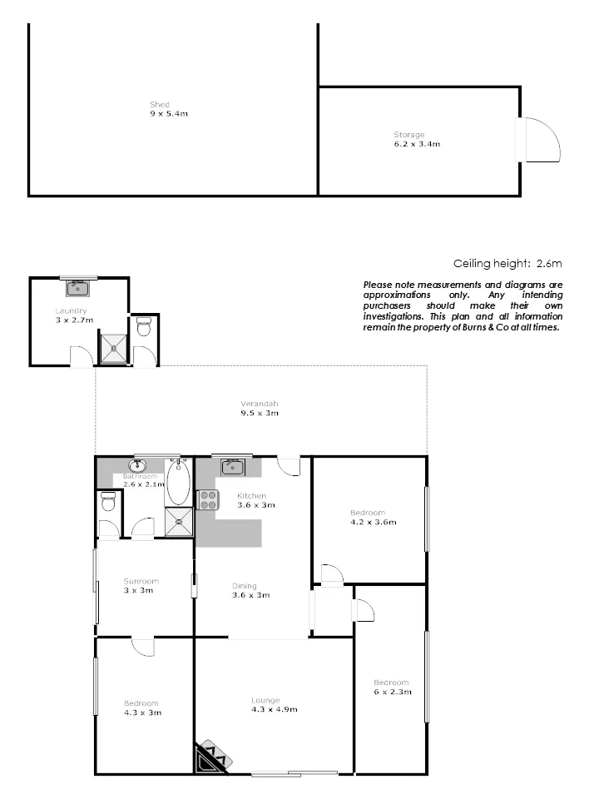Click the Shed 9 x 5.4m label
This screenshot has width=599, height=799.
tap(169, 109)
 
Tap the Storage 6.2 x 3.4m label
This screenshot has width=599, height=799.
tap(417, 139)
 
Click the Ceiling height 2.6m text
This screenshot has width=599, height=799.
tap(507, 264)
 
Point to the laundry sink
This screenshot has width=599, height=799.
tap(78, 289)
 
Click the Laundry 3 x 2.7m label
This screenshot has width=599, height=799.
tap(74, 315)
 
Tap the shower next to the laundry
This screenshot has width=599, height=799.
tap(114, 349)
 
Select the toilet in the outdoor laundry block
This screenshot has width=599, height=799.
tap(144, 326)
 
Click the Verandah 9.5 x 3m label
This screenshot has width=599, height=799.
tap(260, 408)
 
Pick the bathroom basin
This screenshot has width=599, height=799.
tap(137, 466)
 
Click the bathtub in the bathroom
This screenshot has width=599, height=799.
tap(178, 483)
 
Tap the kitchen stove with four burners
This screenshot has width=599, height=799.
tap(208, 500)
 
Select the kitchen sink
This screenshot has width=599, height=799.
tap(233, 466)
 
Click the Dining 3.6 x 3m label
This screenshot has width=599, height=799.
tap(250, 591)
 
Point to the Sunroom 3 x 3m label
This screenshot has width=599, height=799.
tap(141, 585)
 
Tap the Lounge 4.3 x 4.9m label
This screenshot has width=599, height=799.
tap(274, 705)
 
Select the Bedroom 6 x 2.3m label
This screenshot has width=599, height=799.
tap(392, 687)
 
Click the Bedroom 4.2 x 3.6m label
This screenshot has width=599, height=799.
tap(374, 517)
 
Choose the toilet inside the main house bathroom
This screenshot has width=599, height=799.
tap(108, 501)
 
